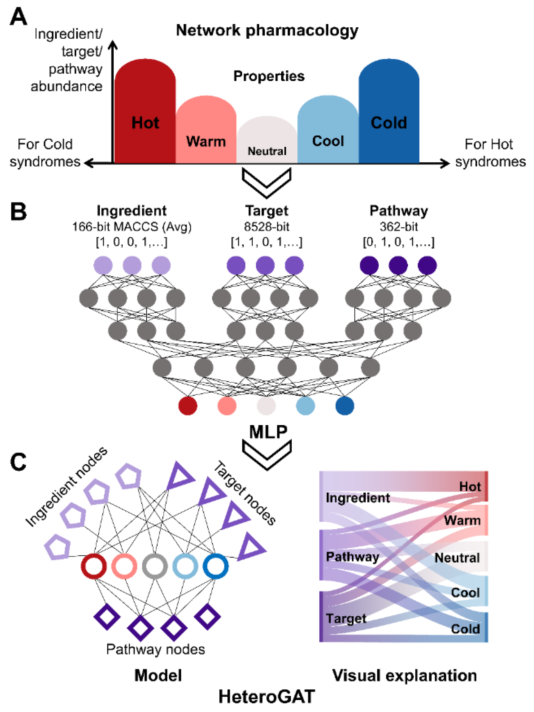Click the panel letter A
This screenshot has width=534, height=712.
[18, 17]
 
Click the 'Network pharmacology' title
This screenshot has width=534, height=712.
[267, 31]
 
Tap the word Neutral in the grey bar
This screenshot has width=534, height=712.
[267, 151]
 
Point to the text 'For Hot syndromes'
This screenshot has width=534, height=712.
[490, 153]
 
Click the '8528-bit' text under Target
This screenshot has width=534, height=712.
[267, 227]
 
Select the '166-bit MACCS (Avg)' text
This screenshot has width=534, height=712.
[132, 227]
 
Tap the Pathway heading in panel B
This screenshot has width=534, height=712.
[399, 211]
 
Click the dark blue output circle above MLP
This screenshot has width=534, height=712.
[344, 406]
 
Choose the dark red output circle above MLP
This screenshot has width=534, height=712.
[187, 406]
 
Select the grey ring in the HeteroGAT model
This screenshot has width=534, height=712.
[155, 566]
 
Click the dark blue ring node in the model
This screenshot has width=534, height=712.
[215, 566]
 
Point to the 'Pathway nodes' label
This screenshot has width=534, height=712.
[155, 649]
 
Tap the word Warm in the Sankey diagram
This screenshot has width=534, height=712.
[462, 520]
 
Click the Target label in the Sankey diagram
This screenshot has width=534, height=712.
[346, 618]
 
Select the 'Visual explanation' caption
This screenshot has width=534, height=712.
[404, 676]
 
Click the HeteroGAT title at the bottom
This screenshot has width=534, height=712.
[266, 697]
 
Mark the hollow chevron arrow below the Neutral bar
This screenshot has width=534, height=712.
[266, 182]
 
